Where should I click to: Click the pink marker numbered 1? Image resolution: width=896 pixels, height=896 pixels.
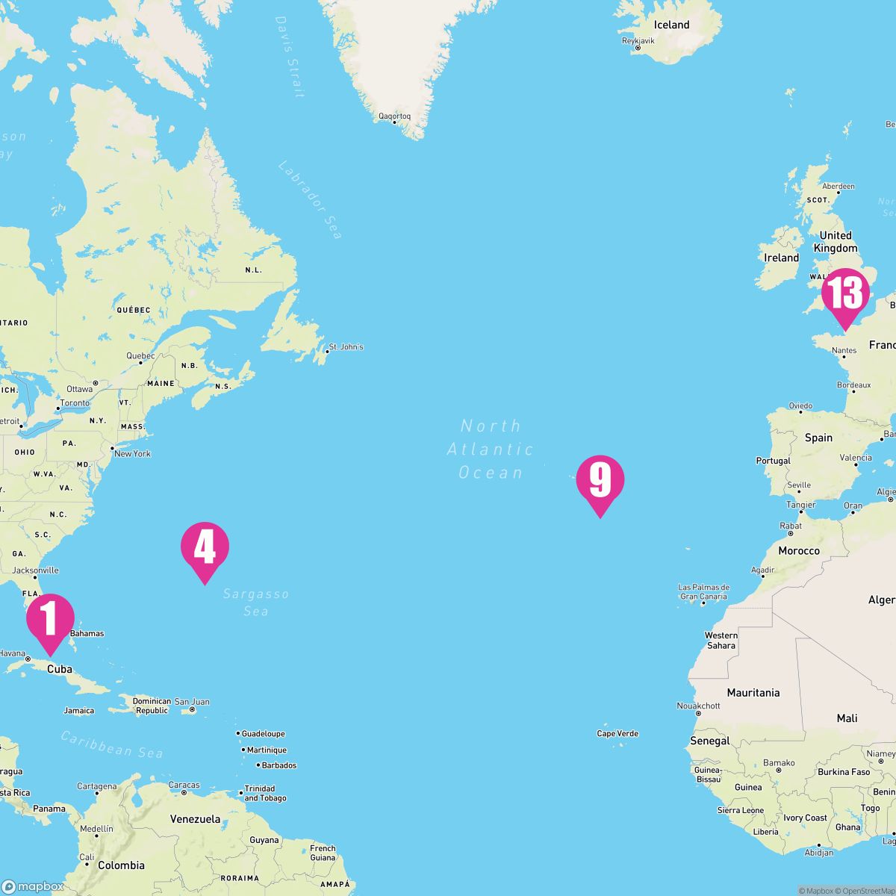pyautogui.click(x=50, y=620)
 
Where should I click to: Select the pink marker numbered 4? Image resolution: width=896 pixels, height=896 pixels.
pyautogui.click(x=205, y=547)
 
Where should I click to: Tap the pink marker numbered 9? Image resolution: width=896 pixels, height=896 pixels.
pyautogui.click(x=600, y=480)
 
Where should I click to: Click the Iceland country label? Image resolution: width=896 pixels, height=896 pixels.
pyautogui.click(x=671, y=25)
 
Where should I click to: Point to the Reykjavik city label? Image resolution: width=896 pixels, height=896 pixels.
pyautogui.click(x=638, y=41)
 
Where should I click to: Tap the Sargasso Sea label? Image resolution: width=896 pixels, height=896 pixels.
pyautogui.click(x=255, y=603)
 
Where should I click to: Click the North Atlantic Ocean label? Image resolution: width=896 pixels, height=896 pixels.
pyautogui.click(x=491, y=449)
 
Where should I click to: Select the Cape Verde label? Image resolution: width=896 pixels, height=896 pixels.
pyautogui.click(x=617, y=733)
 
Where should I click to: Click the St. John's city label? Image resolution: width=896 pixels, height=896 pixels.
pyautogui.click(x=346, y=347)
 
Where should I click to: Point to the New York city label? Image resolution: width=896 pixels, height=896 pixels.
pyautogui.click(x=131, y=453)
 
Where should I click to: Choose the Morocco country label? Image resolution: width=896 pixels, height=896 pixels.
pyautogui.click(x=798, y=551)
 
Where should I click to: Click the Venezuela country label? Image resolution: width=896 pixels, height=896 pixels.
pyautogui.click(x=195, y=819)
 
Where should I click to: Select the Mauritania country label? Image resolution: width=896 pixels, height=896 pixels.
pyautogui.click(x=753, y=693)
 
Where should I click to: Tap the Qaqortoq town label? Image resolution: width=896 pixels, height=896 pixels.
pyautogui.click(x=394, y=116)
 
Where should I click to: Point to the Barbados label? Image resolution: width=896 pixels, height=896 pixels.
pyautogui.click(x=279, y=765)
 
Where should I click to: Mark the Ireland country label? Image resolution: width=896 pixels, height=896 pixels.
pyautogui.click(x=781, y=258)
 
